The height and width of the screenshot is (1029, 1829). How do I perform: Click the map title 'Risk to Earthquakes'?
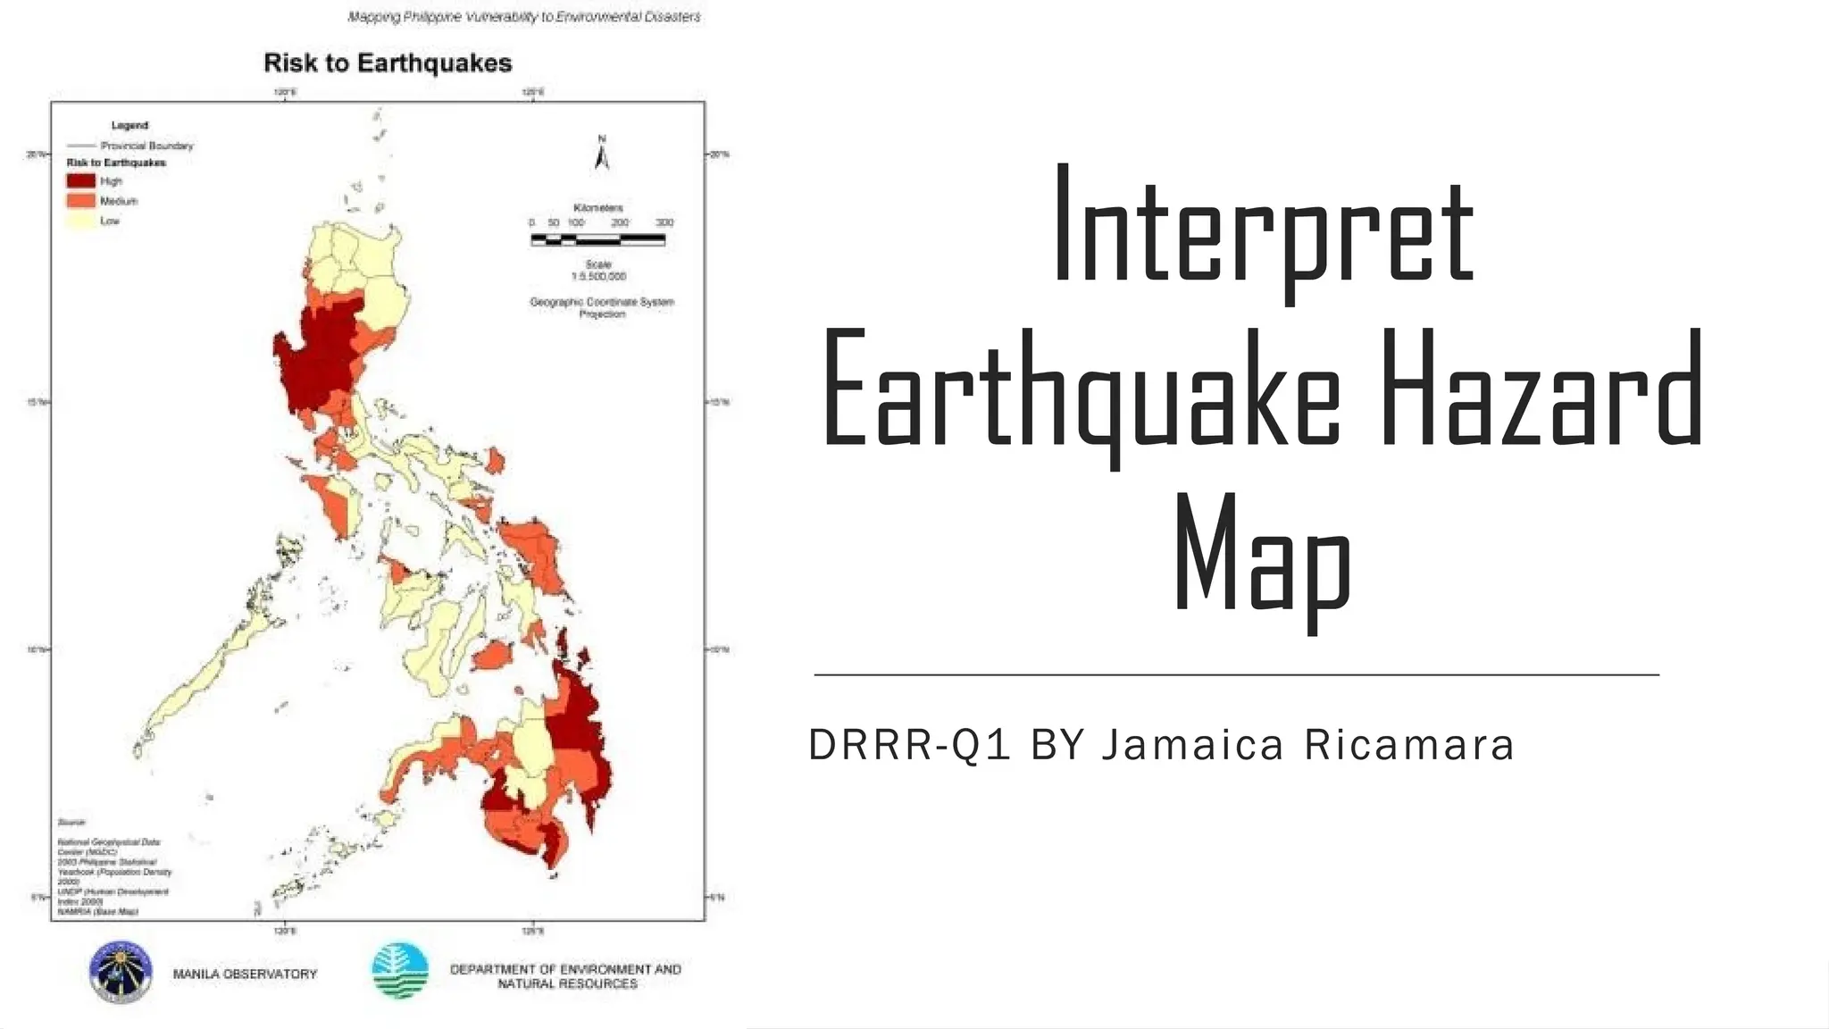(x=388, y=63)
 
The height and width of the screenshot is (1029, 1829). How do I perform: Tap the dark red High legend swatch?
(x=81, y=180)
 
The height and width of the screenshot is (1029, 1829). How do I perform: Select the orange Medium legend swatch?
(x=81, y=201)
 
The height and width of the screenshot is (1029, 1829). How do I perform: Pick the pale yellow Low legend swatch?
(x=81, y=221)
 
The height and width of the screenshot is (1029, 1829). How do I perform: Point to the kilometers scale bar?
(x=597, y=239)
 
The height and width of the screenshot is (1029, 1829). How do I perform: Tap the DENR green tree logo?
(x=400, y=971)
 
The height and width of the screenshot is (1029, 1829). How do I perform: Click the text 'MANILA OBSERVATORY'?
(x=246, y=975)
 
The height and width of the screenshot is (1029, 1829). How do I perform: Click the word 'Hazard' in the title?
(x=1542, y=389)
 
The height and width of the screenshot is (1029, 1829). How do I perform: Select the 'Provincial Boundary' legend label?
(x=146, y=146)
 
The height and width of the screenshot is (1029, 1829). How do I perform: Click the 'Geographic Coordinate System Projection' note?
(x=602, y=307)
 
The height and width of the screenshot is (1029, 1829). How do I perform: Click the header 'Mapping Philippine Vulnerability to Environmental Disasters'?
(x=524, y=17)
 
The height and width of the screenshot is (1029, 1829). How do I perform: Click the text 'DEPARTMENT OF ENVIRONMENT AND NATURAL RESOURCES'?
(x=566, y=976)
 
